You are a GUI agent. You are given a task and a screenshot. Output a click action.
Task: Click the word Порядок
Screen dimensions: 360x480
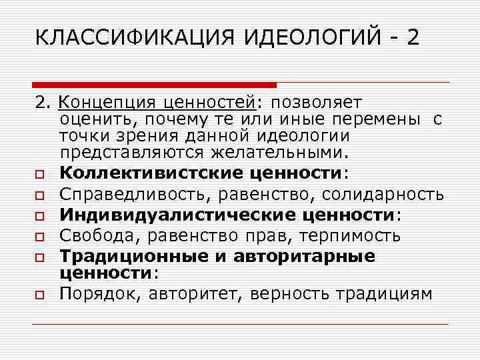[96, 294]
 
